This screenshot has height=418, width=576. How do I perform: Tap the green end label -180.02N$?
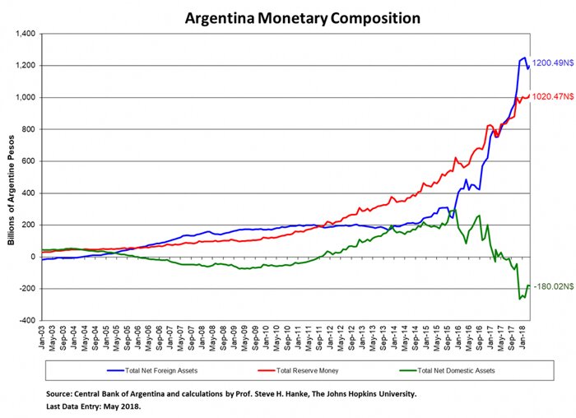coord(553,287)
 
